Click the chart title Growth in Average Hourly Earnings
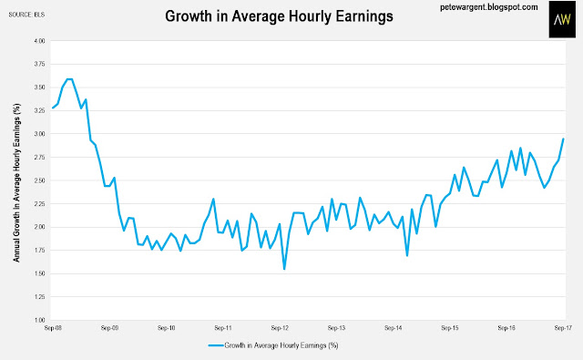[x=279, y=16]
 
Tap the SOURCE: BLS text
[x=26, y=15]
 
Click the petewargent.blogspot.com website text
[x=489, y=7]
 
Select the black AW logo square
[x=562, y=19]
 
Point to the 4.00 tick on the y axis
[x=39, y=41]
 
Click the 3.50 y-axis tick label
[x=39, y=87]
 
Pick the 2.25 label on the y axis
[x=39, y=204]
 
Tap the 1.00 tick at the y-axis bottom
[x=39, y=320]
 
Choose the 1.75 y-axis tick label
[x=39, y=251]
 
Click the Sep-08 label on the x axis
[x=53, y=328]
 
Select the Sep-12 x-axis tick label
[x=280, y=328]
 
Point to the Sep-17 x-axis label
[x=563, y=328]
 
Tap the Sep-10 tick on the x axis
[x=166, y=328]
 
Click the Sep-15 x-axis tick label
[x=450, y=328]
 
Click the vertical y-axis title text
[x=16, y=182]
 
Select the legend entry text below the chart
[x=281, y=345]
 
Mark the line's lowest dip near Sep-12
[x=284, y=269]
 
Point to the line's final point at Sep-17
[x=563, y=139]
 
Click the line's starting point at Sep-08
[x=53, y=108]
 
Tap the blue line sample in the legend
[x=216, y=345]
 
